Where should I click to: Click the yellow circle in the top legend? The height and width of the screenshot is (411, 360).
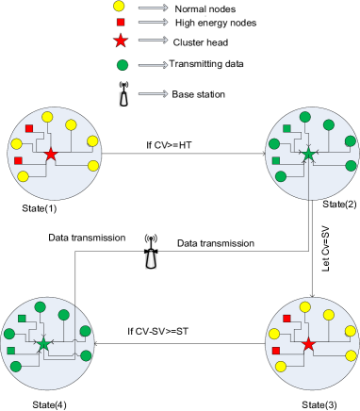(119, 6)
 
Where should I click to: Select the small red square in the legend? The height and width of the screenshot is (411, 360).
(121, 22)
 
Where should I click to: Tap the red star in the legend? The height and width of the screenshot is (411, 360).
(121, 41)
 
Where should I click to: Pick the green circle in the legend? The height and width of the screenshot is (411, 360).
(123, 65)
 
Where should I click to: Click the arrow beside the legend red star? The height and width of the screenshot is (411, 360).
(153, 40)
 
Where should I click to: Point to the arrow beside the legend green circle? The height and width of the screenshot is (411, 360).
(153, 65)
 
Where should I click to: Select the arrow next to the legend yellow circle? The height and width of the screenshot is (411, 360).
(153, 7)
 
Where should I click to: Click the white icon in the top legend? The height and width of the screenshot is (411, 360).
(123, 99)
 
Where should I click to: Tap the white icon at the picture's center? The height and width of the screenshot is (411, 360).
(151, 259)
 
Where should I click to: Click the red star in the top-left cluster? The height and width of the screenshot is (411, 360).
(51, 155)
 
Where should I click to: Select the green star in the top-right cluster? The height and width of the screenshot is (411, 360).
(308, 154)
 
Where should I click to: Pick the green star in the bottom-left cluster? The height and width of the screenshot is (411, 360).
(43, 345)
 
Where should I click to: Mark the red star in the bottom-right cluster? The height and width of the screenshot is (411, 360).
(308, 345)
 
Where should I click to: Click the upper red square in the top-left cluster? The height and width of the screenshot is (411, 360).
(29, 128)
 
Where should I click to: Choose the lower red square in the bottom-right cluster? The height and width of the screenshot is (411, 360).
(276, 351)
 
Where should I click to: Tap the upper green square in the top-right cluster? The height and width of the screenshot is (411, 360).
(286, 128)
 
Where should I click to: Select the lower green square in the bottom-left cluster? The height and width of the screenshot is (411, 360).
(11, 351)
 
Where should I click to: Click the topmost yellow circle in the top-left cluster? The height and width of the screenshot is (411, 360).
(47, 117)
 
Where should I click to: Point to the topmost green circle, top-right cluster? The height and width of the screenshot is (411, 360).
(304, 117)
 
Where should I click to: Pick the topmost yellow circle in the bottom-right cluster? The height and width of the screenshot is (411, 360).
(304, 306)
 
